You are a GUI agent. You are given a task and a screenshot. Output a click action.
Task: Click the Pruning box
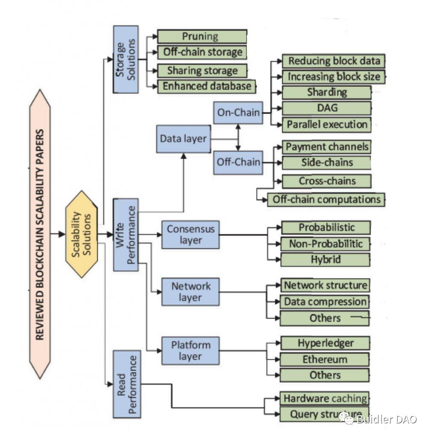[x=202, y=36]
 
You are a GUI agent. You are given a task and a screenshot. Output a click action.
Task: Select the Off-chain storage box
[x=202, y=52]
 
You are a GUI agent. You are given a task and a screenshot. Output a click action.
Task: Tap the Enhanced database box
[x=207, y=86]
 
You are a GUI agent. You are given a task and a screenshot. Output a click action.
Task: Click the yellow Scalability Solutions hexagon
[x=81, y=234]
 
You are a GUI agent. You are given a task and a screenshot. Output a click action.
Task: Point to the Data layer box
[x=183, y=139]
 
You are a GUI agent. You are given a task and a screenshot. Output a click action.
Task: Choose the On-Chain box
[x=238, y=112]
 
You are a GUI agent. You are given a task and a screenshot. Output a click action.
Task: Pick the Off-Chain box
[x=238, y=162]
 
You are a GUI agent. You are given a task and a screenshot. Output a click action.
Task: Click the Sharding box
[x=326, y=92]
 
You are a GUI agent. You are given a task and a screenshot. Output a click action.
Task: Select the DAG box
[x=326, y=108]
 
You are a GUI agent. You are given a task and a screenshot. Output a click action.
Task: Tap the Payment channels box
[x=326, y=147]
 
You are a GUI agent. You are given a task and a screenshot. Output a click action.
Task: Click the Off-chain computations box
[x=326, y=199]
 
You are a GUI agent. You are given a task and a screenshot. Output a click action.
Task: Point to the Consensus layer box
[x=191, y=234]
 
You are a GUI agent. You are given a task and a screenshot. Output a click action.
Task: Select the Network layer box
[x=191, y=292]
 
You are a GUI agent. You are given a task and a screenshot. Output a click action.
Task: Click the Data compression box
[x=325, y=302]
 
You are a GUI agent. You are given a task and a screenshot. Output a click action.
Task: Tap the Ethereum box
[x=325, y=359]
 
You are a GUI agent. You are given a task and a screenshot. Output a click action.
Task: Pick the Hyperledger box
[x=325, y=343]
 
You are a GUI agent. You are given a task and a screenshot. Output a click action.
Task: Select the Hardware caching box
[x=325, y=399]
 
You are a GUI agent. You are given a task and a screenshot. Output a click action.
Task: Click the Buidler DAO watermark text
[x=387, y=419]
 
